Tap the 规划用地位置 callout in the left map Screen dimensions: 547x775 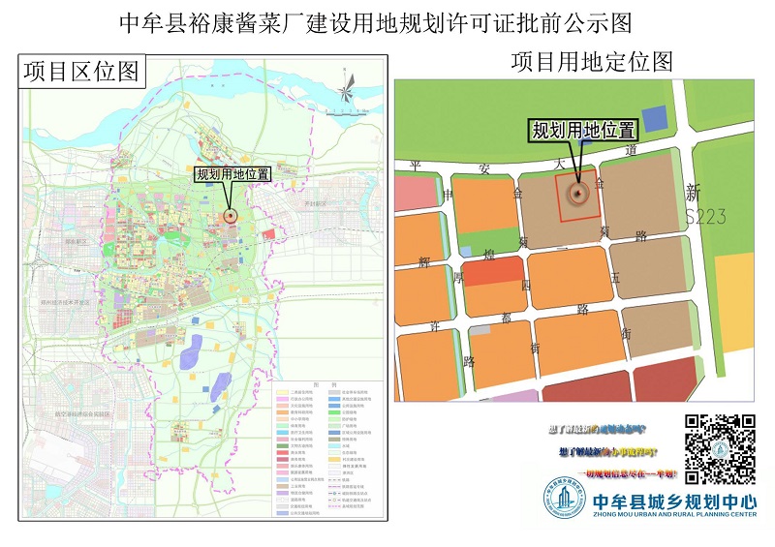coord(232,174)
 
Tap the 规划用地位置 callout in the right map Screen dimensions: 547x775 coord(582,130)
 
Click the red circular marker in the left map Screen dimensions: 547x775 coord(231,216)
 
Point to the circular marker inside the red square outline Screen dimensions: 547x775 coord(578,194)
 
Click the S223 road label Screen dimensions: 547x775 coord(704,217)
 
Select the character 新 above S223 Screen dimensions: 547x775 coord(694,192)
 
